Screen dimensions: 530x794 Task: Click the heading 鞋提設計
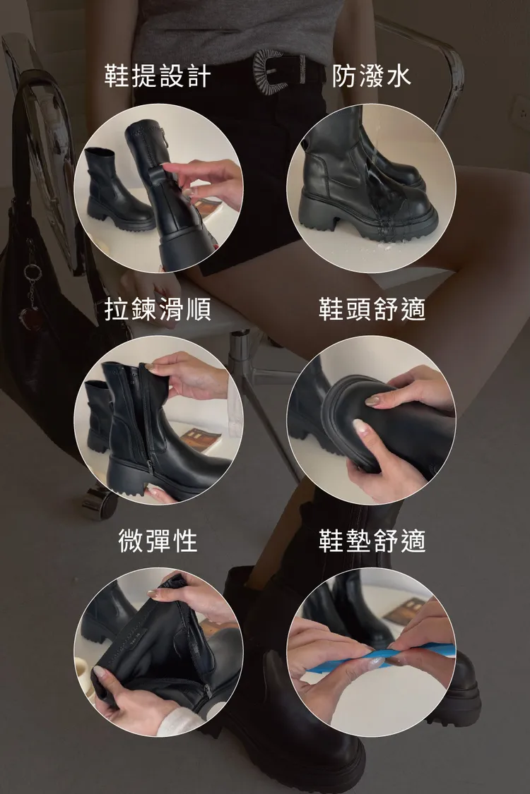(158, 76)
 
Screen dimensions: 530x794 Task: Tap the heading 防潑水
(372, 76)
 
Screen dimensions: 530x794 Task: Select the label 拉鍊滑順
(158, 309)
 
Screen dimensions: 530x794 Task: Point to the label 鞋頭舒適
(372, 309)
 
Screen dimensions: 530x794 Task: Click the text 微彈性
(158, 541)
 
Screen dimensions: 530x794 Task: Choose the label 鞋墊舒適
(372, 541)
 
